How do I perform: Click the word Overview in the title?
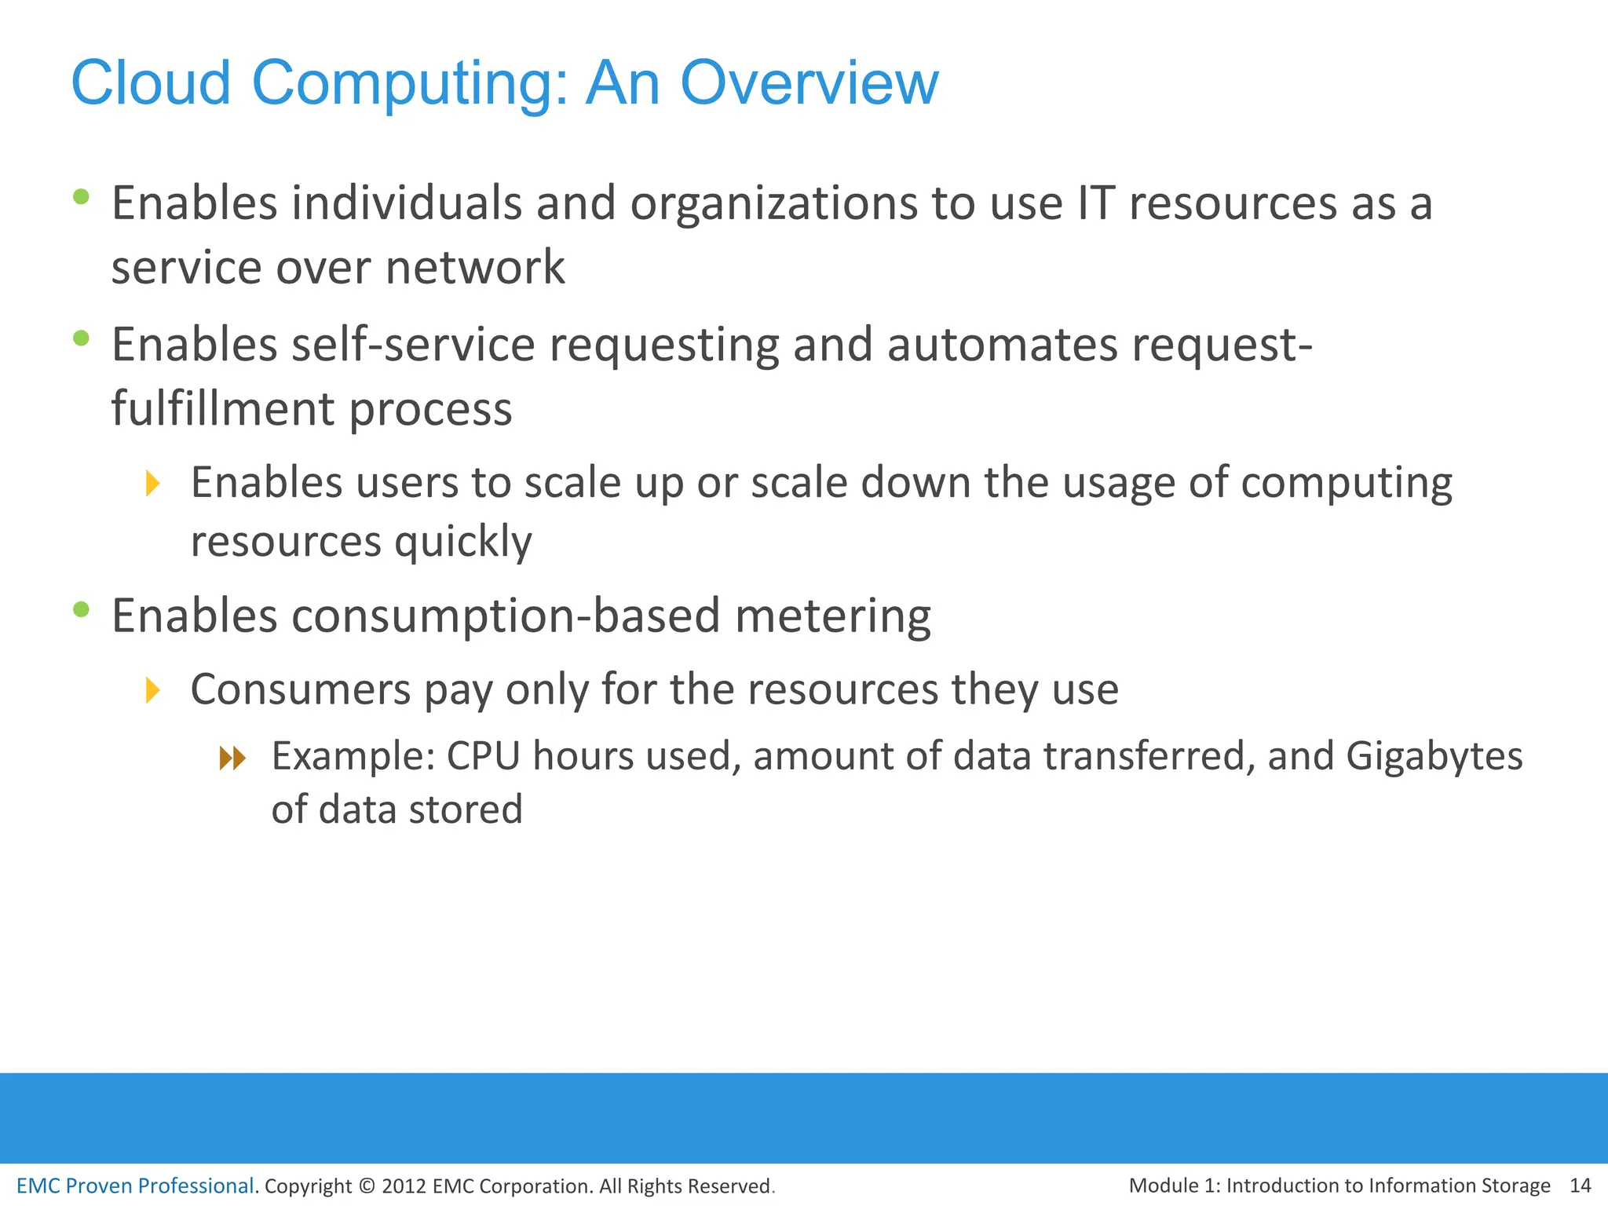click(x=809, y=82)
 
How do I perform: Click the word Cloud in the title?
click(x=151, y=82)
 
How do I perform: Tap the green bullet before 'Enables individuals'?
click(x=81, y=196)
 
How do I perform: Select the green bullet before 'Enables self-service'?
click(x=81, y=338)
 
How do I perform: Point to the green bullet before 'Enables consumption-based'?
click(x=81, y=609)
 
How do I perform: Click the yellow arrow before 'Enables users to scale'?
click(x=153, y=483)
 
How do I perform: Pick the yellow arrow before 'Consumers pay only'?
click(x=153, y=690)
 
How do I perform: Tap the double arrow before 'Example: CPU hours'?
click(x=232, y=758)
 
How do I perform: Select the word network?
click(x=475, y=268)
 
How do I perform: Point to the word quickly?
click(x=462, y=543)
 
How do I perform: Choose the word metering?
click(x=833, y=616)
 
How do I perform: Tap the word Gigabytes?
click(x=1434, y=757)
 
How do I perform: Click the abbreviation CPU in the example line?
click(x=483, y=757)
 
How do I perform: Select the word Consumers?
click(x=301, y=690)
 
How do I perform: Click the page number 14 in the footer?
click(x=1580, y=1185)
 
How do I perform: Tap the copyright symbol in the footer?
click(x=367, y=1186)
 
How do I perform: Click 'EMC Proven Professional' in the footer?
click(x=135, y=1186)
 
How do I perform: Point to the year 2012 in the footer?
click(x=404, y=1186)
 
